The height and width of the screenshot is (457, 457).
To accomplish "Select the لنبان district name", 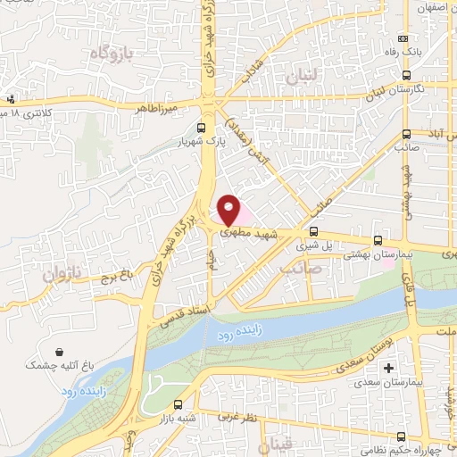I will [x=303, y=79].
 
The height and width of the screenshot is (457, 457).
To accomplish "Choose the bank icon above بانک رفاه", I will [x=403, y=38].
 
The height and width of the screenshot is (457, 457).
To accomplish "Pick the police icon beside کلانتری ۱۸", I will [x=10, y=99].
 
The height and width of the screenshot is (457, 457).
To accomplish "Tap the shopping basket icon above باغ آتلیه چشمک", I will [x=59, y=352].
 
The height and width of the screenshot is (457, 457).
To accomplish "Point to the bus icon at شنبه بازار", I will [x=179, y=403].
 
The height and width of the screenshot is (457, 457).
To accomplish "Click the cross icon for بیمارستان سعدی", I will [x=387, y=368].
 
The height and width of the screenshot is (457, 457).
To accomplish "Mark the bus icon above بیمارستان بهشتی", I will [x=378, y=239].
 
